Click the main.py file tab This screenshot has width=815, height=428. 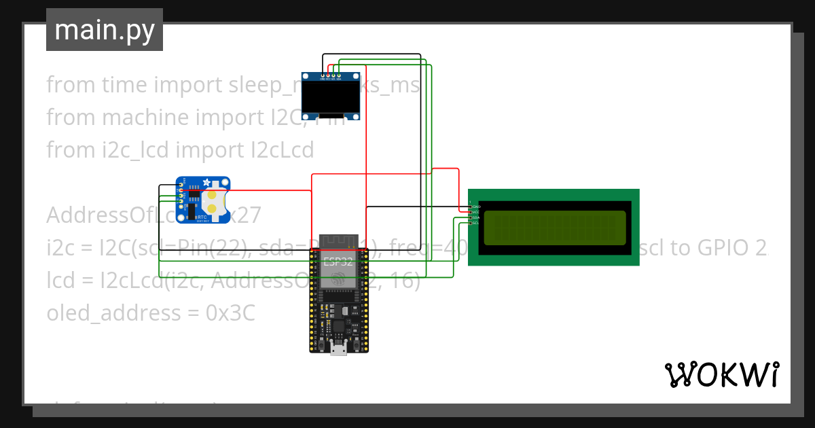[104, 30]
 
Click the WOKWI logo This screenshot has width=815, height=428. [721, 374]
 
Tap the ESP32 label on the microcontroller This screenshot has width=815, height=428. [338, 262]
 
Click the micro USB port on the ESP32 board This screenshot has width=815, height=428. [338, 349]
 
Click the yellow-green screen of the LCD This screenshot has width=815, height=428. [554, 228]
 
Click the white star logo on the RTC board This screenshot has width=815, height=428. [206, 183]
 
